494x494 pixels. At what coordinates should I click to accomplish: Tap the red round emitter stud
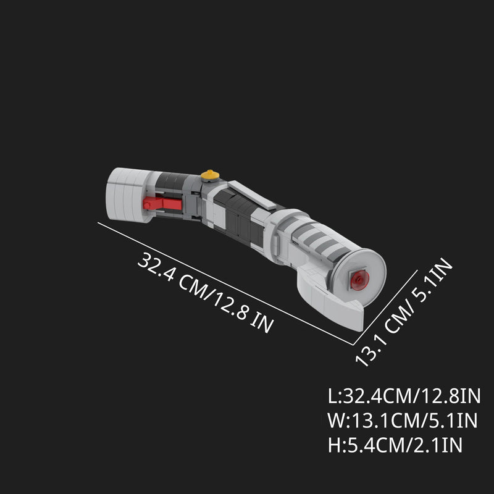point(358,280)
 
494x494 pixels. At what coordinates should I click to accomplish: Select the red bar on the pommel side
point(162,203)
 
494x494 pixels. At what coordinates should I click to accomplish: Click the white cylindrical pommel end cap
point(127,194)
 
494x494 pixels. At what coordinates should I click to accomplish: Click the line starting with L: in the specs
point(404,396)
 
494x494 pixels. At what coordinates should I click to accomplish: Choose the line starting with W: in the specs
point(403,421)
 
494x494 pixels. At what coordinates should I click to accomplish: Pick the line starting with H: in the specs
point(396,445)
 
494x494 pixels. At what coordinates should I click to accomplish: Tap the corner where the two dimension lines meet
point(353,344)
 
